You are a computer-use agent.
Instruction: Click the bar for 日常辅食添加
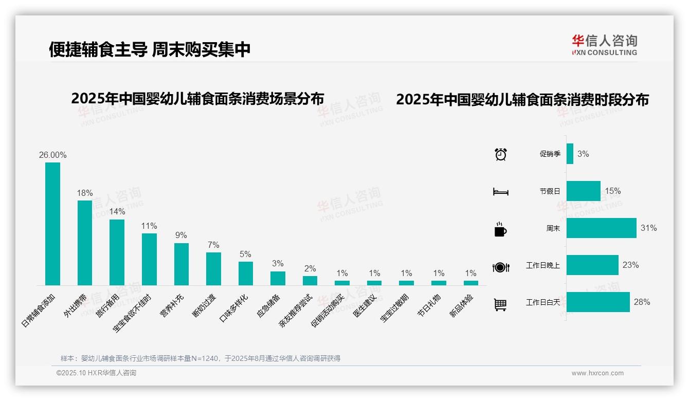(53, 224)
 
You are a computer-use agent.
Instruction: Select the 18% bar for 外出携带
(85, 243)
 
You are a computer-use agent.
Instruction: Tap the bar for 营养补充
(182, 264)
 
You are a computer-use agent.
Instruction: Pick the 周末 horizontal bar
(601, 228)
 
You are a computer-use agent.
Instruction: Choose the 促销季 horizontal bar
(570, 154)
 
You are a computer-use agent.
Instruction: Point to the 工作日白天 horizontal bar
(598, 302)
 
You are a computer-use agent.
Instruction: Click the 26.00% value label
(53, 155)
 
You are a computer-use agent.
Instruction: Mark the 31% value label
(648, 228)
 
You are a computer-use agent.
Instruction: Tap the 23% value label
(630, 265)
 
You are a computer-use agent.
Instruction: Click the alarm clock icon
(500, 154)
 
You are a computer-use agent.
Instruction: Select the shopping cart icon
(500, 304)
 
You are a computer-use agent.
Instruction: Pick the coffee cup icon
(500, 229)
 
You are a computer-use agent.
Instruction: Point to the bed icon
(500, 192)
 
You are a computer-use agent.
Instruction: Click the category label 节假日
(550, 191)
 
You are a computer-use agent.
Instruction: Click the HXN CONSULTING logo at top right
(604, 45)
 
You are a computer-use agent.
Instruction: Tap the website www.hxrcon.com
(597, 373)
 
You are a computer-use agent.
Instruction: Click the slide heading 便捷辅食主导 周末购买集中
(150, 49)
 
